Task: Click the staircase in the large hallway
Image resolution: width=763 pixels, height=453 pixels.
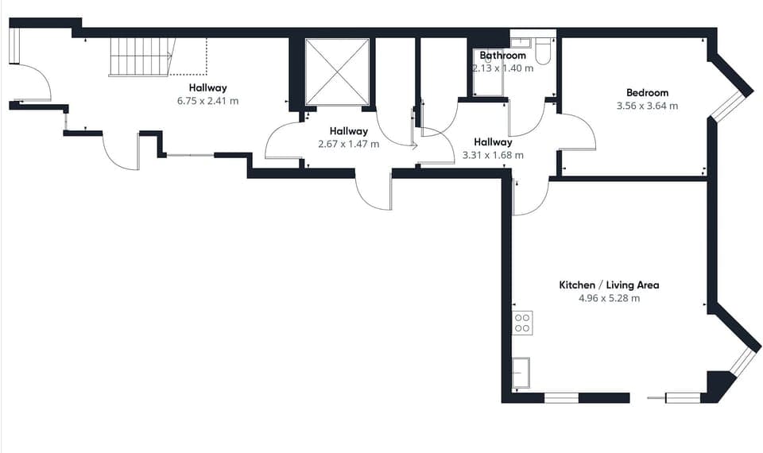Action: [x=141, y=56]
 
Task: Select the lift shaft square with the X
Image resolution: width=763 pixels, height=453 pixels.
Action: [x=338, y=72]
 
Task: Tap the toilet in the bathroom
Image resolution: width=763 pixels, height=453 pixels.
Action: [x=544, y=52]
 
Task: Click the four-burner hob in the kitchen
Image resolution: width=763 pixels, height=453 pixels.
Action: [x=522, y=323]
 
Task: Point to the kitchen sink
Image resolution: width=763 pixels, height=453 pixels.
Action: [x=521, y=373]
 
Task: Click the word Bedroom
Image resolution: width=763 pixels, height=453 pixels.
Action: [x=647, y=93]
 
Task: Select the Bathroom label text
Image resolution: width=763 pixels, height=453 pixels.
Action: [x=503, y=56]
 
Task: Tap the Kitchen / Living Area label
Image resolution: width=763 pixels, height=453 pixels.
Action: [x=609, y=285]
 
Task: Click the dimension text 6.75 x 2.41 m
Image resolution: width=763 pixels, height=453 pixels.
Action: [x=207, y=101]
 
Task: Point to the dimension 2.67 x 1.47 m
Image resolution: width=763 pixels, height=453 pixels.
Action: [x=348, y=144]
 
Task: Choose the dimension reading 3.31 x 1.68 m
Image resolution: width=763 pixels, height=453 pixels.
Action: [x=493, y=155]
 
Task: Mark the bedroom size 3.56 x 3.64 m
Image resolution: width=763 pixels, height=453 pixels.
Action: [x=647, y=106]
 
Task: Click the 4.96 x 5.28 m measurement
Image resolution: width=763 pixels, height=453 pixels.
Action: [x=609, y=298]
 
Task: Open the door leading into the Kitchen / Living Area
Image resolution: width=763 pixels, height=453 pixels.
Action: [x=531, y=199]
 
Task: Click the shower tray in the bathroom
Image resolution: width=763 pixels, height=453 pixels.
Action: [x=488, y=73]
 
